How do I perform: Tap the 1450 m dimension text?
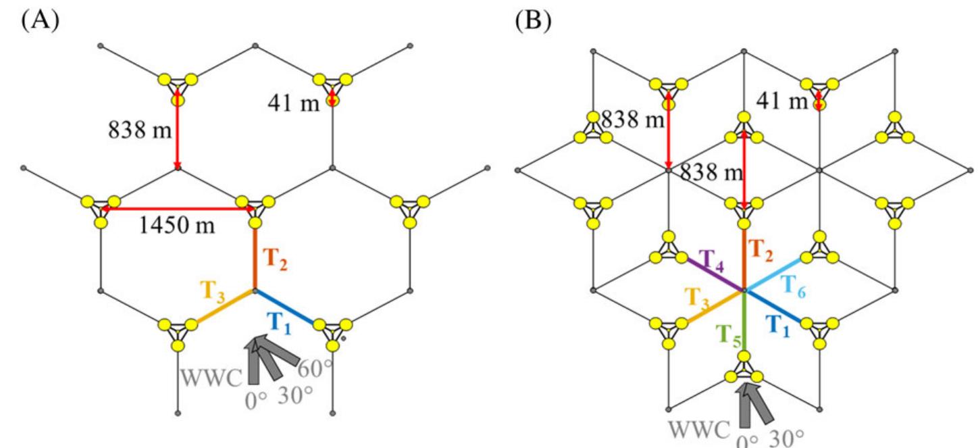tap(177, 226)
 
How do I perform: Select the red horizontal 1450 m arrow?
tap(178, 209)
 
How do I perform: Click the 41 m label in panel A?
tap(294, 103)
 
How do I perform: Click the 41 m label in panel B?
tap(782, 101)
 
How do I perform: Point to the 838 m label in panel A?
tap(140, 130)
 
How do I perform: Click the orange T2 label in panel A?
tap(275, 259)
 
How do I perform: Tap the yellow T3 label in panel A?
tap(213, 292)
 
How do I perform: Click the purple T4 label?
tap(711, 262)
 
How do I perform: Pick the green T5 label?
tap(729, 336)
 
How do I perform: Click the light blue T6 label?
tap(793, 287)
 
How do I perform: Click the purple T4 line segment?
tap(716, 274)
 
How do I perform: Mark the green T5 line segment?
tap(744, 321)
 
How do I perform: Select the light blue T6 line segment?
tap(773, 274)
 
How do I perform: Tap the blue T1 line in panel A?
tap(285, 307)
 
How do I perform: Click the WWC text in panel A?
tap(211, 378)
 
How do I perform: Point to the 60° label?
tap(315, 368)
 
